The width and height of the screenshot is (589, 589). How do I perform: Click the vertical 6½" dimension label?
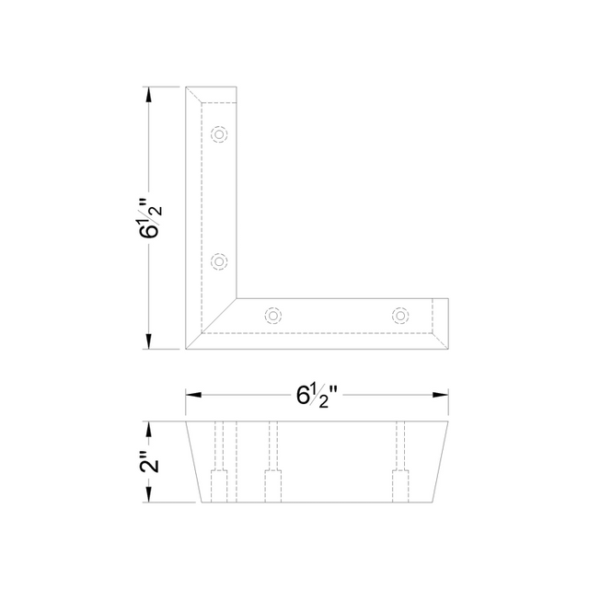point(150,219)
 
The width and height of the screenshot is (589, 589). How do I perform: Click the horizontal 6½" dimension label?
point(318,397)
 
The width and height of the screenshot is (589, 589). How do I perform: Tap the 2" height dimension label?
point(149,462)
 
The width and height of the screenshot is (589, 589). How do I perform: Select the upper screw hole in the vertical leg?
point(219,134)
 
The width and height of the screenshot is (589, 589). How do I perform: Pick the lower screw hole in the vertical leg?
point(219,261)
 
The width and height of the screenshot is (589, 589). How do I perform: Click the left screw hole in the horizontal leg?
point(273,316)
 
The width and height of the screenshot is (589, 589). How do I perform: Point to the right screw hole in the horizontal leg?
point(400,316)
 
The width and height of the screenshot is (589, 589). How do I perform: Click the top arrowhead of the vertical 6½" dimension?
point(149,94)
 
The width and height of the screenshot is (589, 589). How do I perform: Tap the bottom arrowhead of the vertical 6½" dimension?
point(149,341)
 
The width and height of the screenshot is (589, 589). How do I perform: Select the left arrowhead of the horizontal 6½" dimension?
point(193,395)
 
